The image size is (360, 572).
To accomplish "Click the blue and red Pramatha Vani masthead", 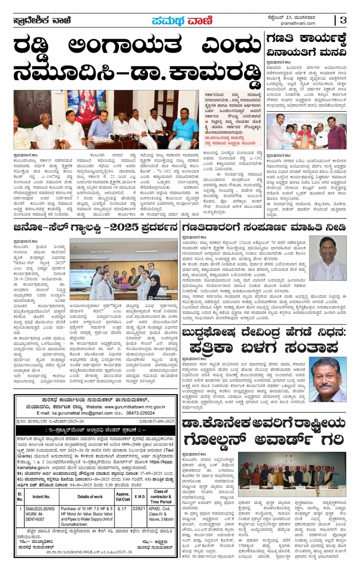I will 182,21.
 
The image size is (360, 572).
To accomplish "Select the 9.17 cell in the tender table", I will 122,508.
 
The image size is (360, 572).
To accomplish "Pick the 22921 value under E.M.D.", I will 139,508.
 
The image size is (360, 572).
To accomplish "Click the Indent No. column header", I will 41,497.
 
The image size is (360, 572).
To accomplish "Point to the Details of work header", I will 90,497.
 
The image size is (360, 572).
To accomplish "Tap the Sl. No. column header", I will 20,497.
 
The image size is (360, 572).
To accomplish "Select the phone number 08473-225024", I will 141,413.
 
